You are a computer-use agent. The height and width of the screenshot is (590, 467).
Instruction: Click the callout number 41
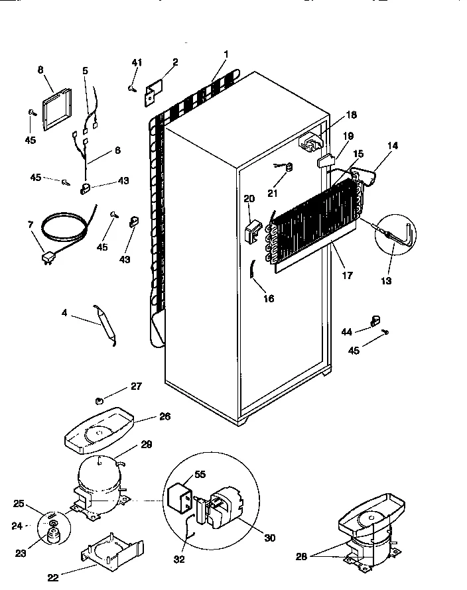[136, 63]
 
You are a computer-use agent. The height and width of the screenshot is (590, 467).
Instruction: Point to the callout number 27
[136, 387]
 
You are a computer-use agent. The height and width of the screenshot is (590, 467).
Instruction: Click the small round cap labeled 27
[100, 400]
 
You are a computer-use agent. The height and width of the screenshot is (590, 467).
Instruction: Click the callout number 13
[386, 281]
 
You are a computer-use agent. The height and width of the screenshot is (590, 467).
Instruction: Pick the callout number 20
[249, 198]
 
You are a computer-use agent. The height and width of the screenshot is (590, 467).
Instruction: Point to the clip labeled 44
[375, 322]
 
